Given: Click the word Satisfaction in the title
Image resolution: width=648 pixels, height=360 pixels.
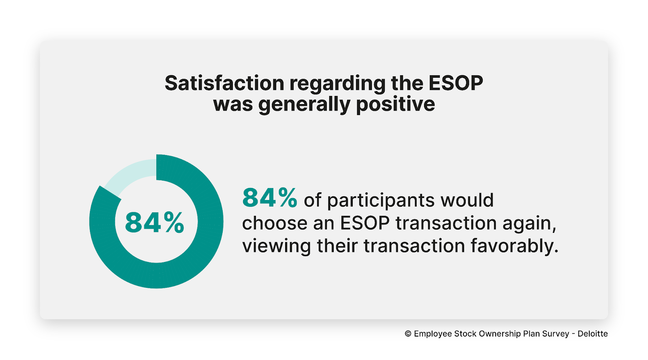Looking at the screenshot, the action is tap(224, 83).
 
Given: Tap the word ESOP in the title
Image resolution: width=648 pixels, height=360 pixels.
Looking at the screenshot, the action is tap(456, 83).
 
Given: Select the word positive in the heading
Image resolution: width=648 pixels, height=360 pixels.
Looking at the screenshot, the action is tap(395, 104).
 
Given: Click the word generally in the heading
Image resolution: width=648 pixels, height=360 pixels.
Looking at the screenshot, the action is tap(304, 104).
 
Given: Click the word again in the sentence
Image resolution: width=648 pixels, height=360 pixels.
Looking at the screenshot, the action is tap(529, 224).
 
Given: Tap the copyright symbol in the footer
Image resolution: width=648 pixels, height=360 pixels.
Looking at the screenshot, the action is tap(408, 334).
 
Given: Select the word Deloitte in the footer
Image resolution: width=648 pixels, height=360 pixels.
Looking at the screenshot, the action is tap(593, 334).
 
